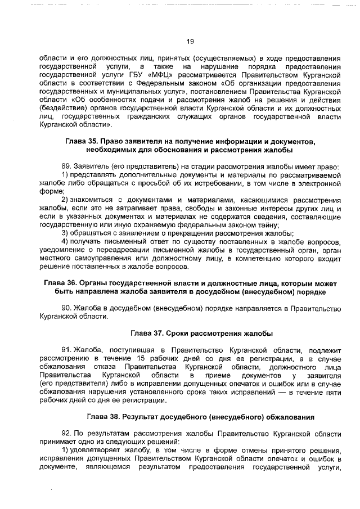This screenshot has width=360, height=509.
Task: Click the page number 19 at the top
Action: click(x=190, y=40)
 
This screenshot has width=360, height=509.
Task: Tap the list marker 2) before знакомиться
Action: click(x=65, y=200)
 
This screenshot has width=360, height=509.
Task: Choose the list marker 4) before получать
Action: click(x=65, y=242)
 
